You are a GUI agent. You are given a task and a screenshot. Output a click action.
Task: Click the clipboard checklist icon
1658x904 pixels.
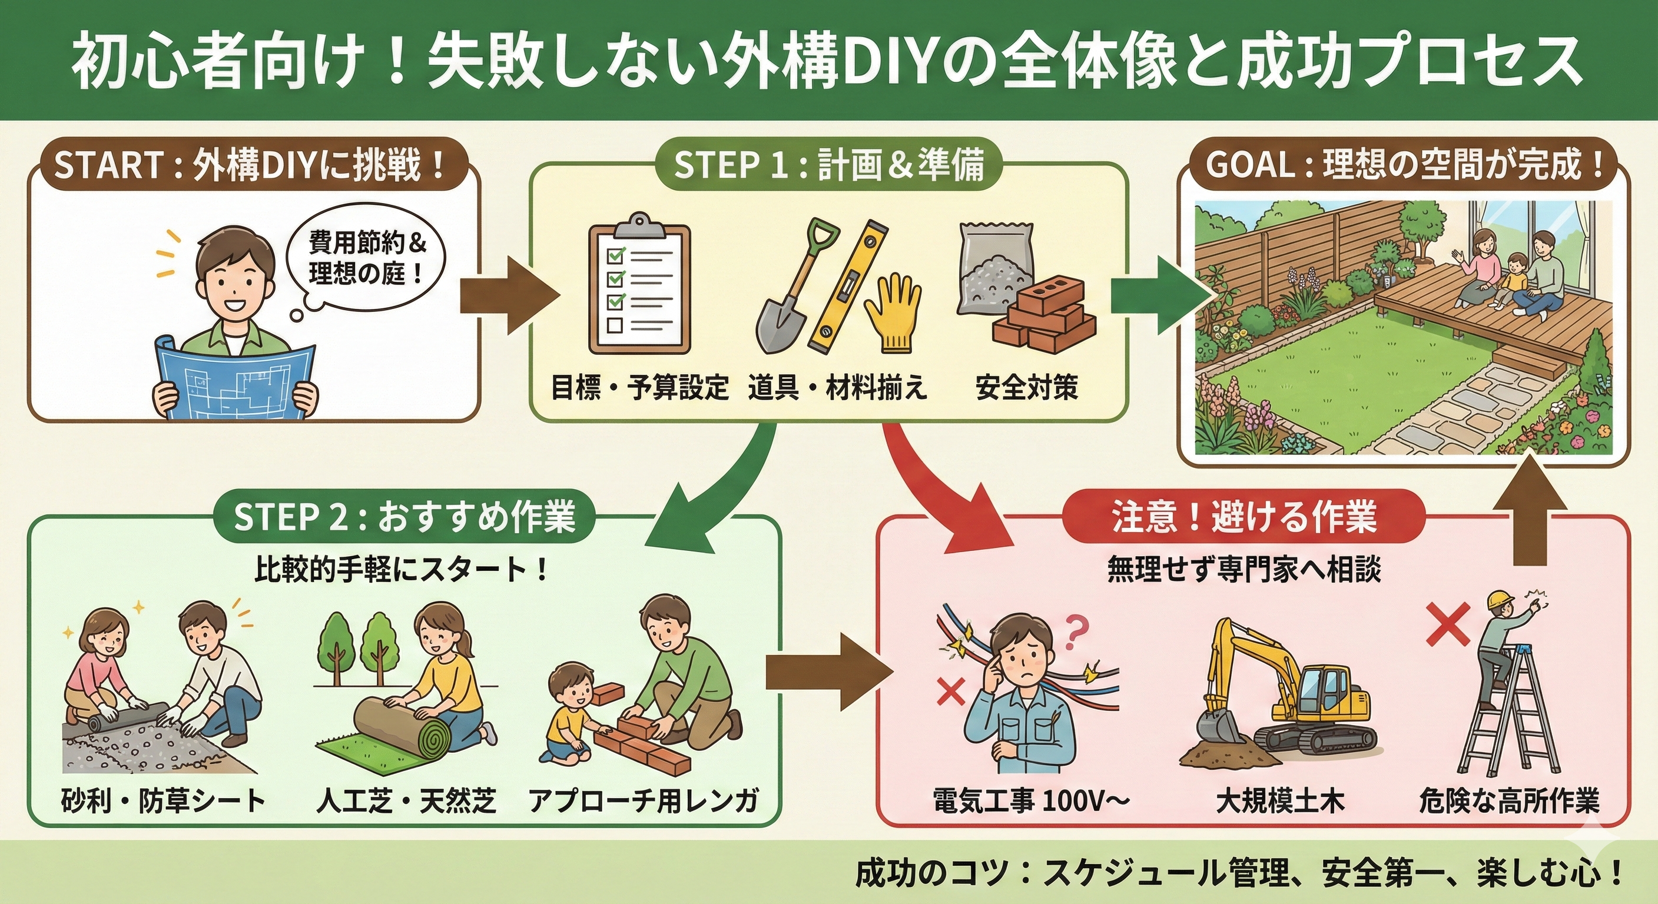(x=639, y=289)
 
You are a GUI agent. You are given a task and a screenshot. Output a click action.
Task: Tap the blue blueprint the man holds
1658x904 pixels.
(x=235, y=380)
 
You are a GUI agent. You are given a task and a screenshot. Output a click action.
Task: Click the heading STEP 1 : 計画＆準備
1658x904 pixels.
(x=829, y=165)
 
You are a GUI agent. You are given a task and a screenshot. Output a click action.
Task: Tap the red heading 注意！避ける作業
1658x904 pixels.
(x=1245, y=516)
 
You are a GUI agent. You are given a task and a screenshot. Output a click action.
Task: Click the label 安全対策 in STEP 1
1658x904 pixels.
(x=1027, y=388)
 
